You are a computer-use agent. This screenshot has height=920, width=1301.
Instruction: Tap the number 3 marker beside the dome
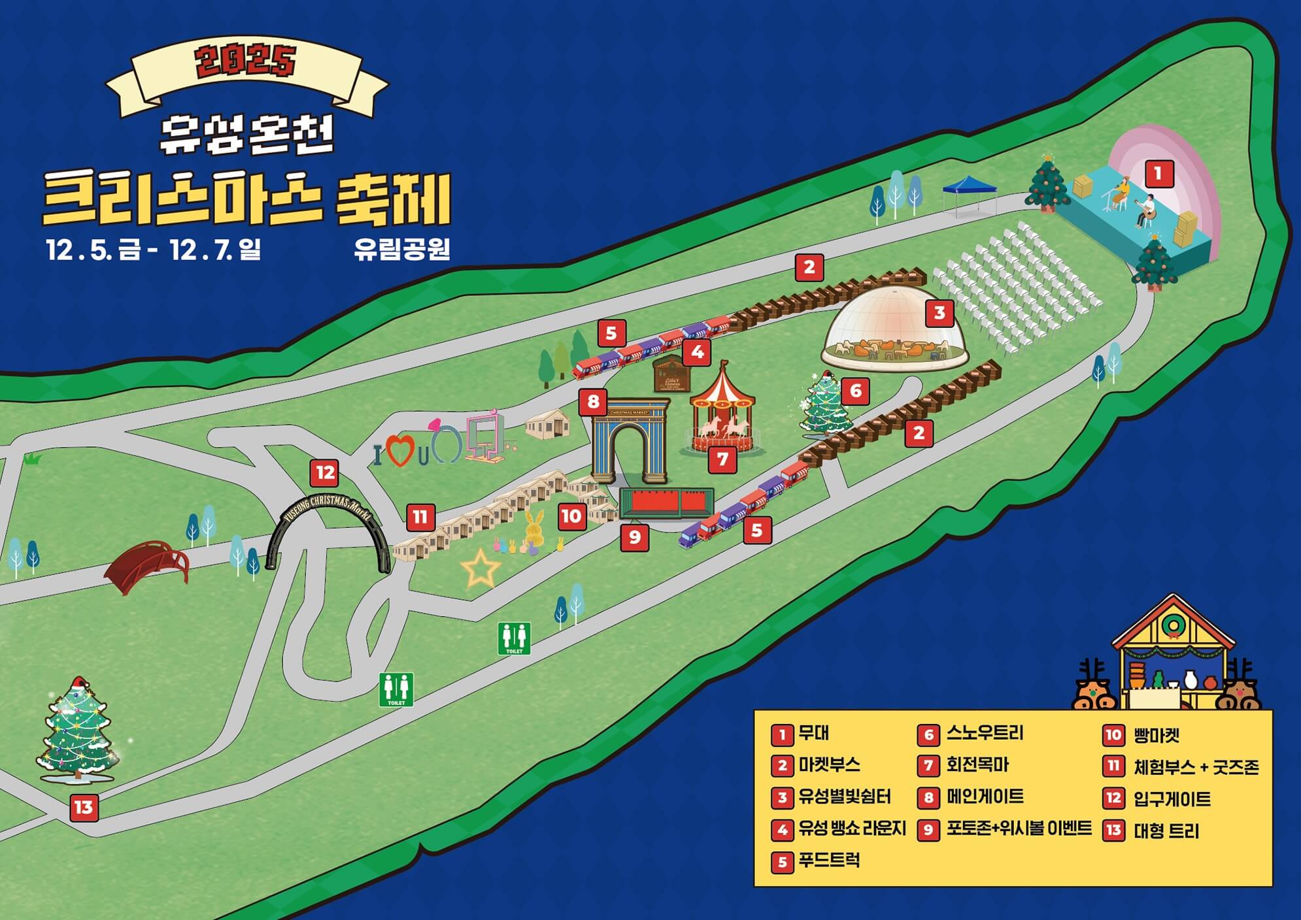pos(939,313)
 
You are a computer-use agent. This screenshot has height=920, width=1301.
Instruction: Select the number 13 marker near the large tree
pos(84,808)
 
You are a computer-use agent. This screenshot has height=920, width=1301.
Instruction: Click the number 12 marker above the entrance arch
pos(325,472)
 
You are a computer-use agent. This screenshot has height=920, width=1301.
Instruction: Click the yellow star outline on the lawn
pos(481,568)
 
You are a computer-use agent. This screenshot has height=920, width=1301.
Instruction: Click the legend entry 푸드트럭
pos(828,861)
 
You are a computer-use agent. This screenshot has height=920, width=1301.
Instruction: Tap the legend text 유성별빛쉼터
pos(844,797)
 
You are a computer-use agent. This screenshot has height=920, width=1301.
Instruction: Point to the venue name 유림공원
pos(401,249)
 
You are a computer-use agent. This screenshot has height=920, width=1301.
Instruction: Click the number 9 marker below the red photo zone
pos(634,538)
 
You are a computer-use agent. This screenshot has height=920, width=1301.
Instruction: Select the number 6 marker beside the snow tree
pos(855,391)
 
